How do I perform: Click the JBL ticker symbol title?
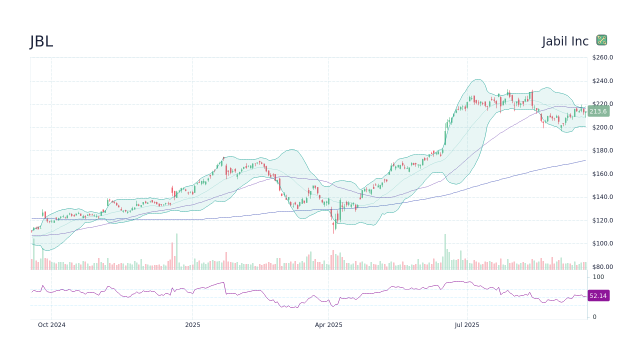coord(41,41)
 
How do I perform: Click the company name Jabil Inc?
coord(565,41)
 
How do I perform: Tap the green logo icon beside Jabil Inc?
coord(601,40)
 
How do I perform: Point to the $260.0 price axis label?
coord(602,57)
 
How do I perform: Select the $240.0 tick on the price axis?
coord(602,81)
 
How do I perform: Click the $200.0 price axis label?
coord(602,127)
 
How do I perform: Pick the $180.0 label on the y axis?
coord(602,150)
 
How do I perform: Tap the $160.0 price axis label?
coord(602,174)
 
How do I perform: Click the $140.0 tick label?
coord(602,197)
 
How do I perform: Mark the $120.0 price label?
coord(602,220)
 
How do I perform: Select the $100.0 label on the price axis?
coord(602,243)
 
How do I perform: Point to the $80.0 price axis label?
coord(602,267)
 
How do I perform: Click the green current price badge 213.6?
coord(598,111)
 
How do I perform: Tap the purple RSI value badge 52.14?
coord(598,296)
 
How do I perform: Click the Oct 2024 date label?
coord(51,325)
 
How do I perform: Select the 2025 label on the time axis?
coord(192,325)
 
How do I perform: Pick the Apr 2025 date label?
coord(328,325)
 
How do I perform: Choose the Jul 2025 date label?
coord(467,325)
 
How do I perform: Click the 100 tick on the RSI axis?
coord(598,277)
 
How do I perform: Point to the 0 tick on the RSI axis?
coord(594,317)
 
